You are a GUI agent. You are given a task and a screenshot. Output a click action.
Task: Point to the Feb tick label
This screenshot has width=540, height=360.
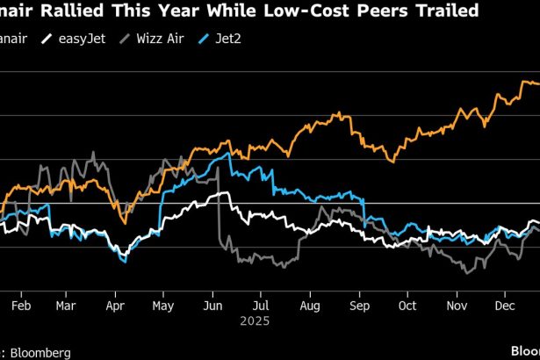21,306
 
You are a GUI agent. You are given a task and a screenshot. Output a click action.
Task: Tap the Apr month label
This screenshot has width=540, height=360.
114,306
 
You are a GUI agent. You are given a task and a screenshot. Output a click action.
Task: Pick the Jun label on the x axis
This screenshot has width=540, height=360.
211,306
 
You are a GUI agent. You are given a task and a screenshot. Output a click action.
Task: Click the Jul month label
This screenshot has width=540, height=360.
259,306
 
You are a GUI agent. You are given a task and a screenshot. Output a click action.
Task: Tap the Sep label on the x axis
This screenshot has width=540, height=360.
358,306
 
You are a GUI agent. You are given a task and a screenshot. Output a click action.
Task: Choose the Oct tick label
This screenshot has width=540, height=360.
407,306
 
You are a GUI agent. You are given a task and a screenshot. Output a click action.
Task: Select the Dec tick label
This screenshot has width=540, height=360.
504,306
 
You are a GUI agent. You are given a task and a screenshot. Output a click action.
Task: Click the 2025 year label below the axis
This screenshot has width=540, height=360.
259,321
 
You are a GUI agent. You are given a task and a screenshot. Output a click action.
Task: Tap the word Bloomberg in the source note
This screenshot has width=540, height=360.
40,352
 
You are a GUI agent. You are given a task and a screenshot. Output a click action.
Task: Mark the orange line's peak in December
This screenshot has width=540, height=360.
525,82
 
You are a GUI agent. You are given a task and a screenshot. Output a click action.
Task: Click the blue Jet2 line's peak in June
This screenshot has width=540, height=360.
229,154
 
